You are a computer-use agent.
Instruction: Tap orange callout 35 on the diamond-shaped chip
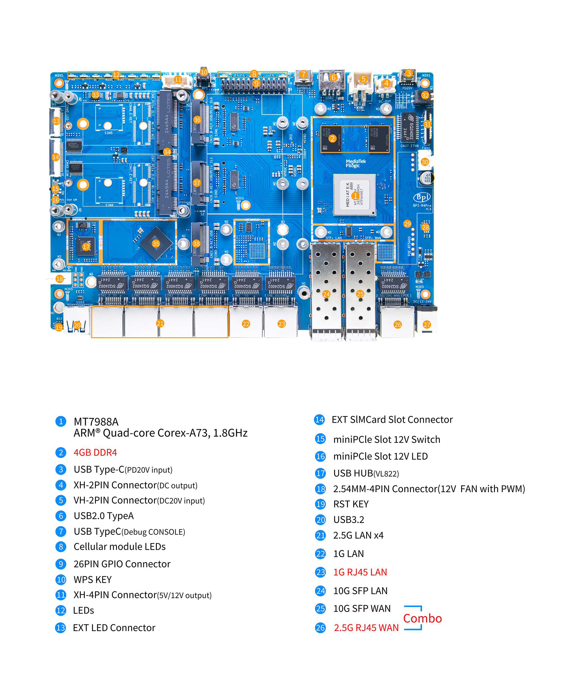(156, 244)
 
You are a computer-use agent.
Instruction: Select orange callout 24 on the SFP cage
(326, 294)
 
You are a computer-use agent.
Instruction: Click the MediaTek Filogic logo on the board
(355, 163)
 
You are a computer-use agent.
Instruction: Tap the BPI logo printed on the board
(422, 197)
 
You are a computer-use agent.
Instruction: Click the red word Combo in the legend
(422, 618)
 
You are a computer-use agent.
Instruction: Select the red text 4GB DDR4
(95, 452)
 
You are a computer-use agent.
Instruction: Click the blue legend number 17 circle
(320, 473)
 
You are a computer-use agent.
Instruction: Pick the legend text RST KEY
(351, 504)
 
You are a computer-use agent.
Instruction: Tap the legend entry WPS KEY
(92, 580)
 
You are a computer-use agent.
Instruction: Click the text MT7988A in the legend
(96, 422)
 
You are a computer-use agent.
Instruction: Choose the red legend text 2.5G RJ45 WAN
(366, 628)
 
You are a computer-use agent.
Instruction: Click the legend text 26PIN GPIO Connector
(122, 564)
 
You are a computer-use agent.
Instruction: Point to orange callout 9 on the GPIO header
(256, 83)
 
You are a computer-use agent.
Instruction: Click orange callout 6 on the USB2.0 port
(333, 77)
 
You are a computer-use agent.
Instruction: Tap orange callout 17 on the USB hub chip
(86, 247)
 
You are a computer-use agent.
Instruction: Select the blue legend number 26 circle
(320, 628)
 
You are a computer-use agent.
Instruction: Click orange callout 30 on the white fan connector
(425, 162)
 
